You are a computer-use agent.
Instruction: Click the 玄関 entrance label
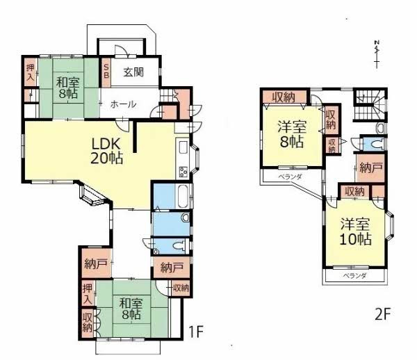tap(133, 72)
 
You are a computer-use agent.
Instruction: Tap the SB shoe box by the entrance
tap(106, 72)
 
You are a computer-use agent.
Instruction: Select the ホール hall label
tap(124, 104)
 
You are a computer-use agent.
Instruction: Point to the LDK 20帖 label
tap(106, 151)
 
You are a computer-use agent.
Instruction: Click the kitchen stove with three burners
tap(183, 171)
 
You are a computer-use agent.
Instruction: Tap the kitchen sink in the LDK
tap(183, 147)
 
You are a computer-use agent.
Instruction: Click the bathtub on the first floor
tap(183, 196)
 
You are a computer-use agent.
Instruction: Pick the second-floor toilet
tap(378, 144)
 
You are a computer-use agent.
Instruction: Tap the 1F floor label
tap(196, 332)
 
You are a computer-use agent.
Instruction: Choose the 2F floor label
tap(382, 315)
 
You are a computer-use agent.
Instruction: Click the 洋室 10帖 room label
tap(355, 232)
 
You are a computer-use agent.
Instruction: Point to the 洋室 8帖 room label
tap(292, 135)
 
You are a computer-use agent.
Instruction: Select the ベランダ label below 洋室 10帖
tap(354, 276)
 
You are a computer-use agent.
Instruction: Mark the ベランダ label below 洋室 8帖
tap(290, 177)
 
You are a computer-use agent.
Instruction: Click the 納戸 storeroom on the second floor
tap(370, 168)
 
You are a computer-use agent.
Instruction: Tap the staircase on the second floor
tap(370, 104)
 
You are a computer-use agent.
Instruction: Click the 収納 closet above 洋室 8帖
tap(284, 97)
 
